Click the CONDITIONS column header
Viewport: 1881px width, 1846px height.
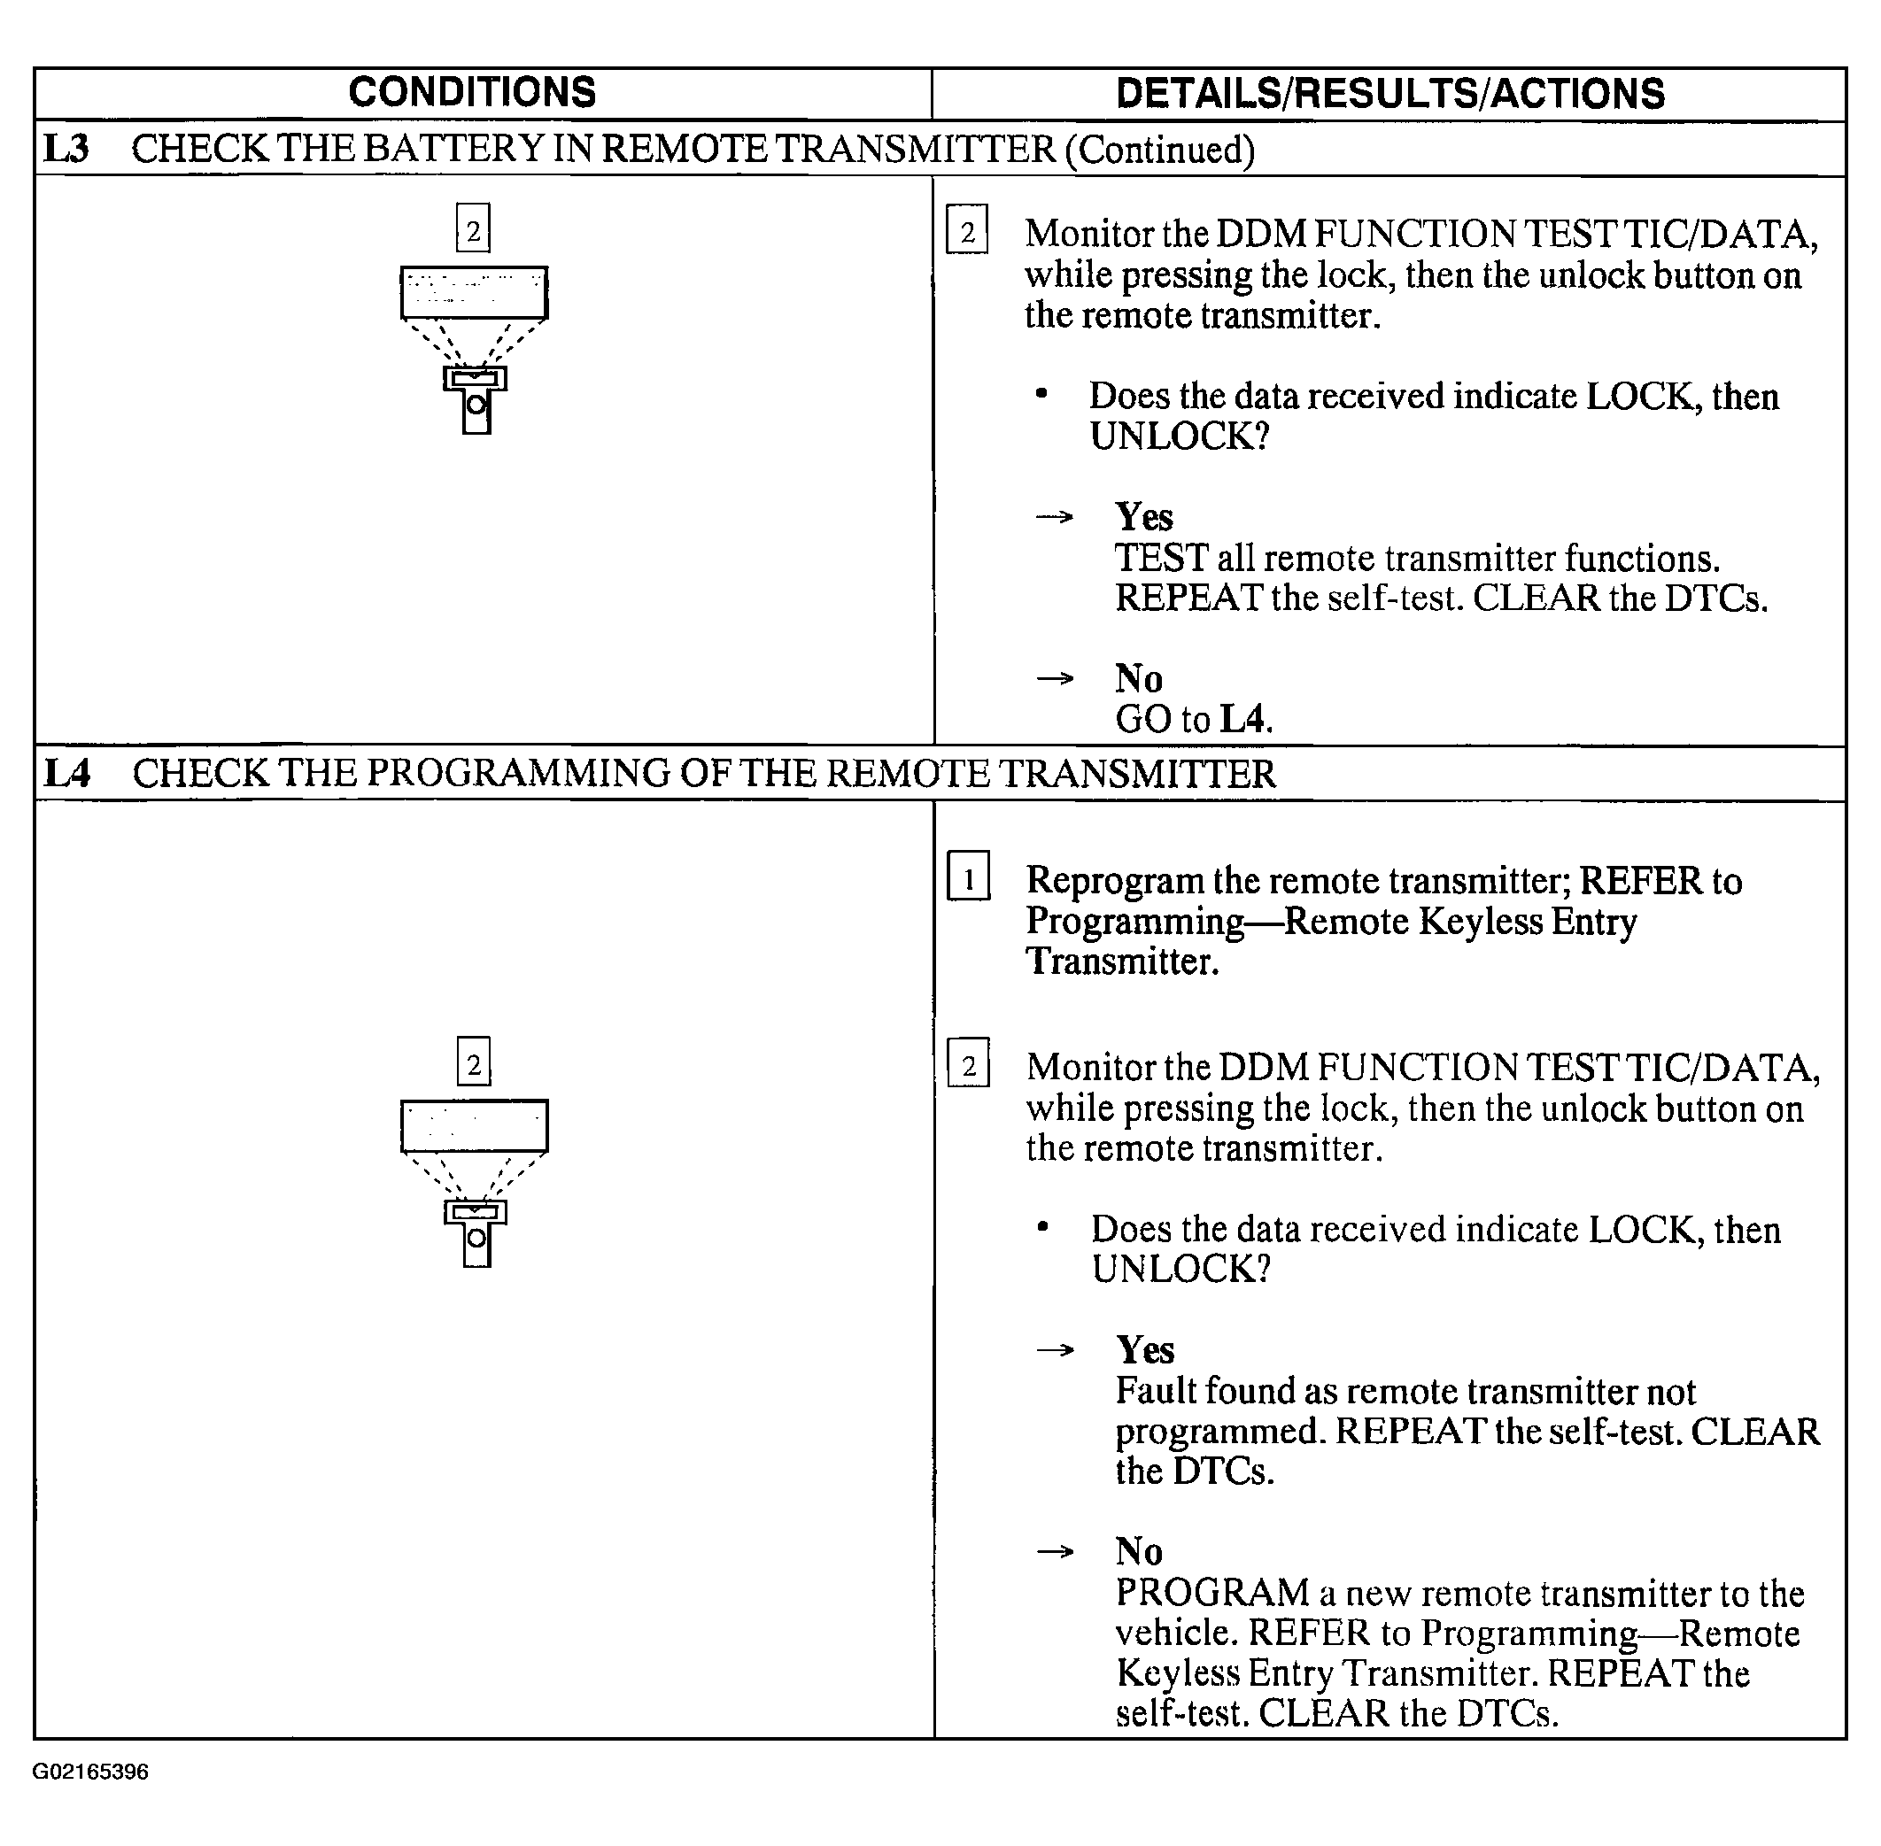tap(472, 93)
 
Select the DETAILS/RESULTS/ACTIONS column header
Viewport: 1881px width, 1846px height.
tap(1389, 94)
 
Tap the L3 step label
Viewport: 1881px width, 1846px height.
tap(66, 150)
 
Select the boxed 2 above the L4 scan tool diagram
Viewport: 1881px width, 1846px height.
tap(474, 1062)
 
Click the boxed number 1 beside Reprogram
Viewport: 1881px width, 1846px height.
tap(969, 877)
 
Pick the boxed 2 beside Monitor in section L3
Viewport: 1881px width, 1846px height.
tap(967, 231)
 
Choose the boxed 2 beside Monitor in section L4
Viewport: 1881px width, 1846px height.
tap(969, 1064)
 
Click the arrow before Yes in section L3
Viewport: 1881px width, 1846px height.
tap(1055, 517)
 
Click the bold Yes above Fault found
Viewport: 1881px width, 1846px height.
tap(1145, 1349)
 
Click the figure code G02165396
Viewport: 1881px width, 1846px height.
tap(90, 1773)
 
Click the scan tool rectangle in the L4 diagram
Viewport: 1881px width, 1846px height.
tap(474, 1125)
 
